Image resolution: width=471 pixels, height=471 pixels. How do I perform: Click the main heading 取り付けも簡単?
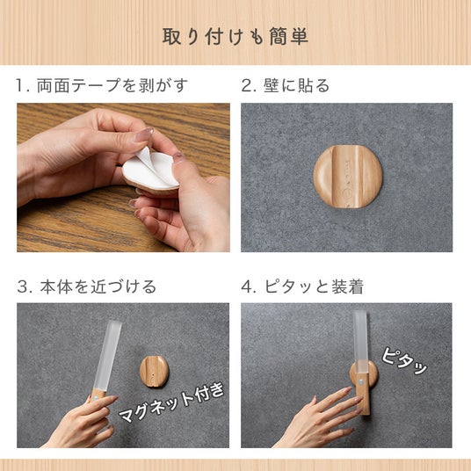point(235,37)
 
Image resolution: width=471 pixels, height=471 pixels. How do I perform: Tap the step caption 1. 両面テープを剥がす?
point(102,85)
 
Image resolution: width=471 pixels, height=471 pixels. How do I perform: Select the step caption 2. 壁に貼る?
point(286,85)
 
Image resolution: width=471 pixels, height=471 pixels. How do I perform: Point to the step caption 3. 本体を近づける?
point(86,286)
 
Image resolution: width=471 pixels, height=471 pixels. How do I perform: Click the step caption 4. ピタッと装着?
point(302,286)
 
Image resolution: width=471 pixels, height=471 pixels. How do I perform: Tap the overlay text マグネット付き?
point(172,402)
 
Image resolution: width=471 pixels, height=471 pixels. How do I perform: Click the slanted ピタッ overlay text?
point(404,361)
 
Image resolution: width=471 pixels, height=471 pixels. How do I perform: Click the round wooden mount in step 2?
point(348,177)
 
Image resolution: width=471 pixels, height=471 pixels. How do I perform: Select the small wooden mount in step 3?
point(154,372)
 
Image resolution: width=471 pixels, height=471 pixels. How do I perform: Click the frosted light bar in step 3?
point(107,355)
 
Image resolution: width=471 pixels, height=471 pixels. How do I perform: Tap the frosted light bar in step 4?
point(360,342)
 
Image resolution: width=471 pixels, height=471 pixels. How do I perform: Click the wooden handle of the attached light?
point(363,394)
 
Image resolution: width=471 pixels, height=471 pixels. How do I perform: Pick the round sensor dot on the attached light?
point(360,382)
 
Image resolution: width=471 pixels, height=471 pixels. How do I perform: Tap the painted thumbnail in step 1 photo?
point(143,134)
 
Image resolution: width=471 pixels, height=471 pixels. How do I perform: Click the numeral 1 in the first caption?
point(20,85)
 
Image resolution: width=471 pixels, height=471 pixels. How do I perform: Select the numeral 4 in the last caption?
point(247,286)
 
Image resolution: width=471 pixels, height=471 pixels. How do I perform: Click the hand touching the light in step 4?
point(319,419)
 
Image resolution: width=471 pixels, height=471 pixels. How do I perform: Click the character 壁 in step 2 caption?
point(272,85)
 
